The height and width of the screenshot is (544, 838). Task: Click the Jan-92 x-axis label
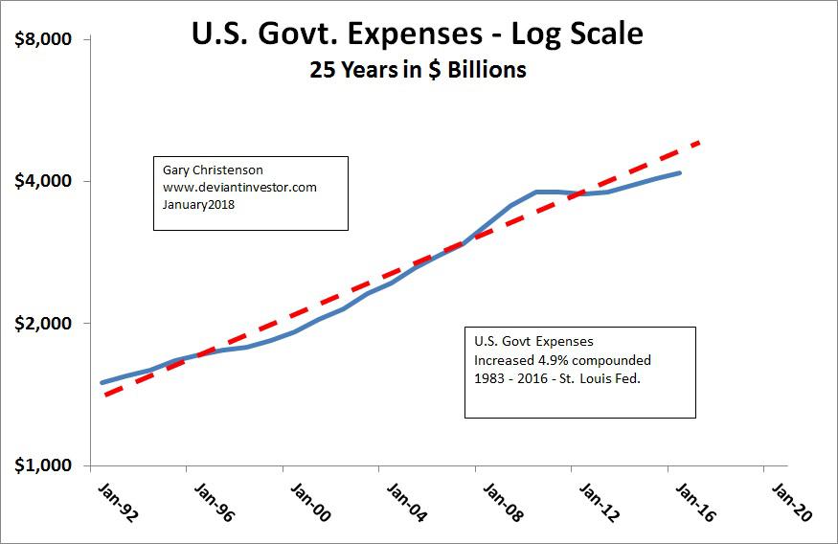coord(117,501)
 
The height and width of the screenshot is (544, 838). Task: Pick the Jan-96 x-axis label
coord(214,501)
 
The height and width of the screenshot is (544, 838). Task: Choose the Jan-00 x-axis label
coord(309,501)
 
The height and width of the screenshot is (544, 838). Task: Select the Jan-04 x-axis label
coord(405,501)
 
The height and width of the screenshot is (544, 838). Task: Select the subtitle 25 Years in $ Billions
coord(419,70)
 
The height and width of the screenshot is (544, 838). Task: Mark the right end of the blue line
coord(680,172)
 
